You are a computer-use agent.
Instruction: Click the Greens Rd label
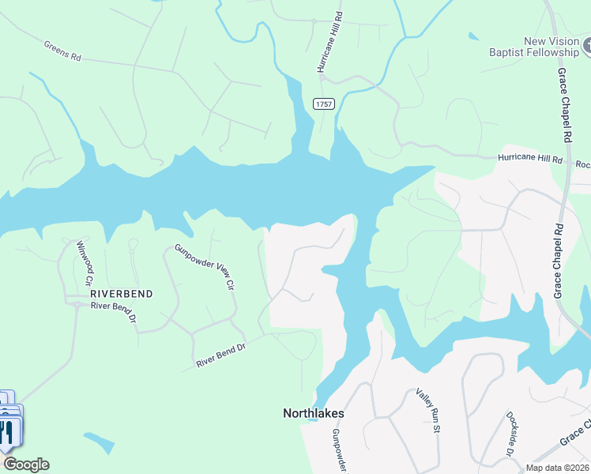click(62, 51)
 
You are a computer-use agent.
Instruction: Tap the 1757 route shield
click(323, 104)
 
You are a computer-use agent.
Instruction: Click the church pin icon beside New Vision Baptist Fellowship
click(587, 47)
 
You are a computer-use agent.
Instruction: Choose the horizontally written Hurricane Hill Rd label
click(529, 159)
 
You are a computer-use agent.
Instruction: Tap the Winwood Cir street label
click(85, 264)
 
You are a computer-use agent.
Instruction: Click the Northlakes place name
click(314, 413)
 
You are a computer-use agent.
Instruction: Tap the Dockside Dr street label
click(513, 434)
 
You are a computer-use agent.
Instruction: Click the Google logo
click(25, 465)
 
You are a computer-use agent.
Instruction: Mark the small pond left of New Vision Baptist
click(473, 36)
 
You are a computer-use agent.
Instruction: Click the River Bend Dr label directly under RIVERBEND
click(114, 312)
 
